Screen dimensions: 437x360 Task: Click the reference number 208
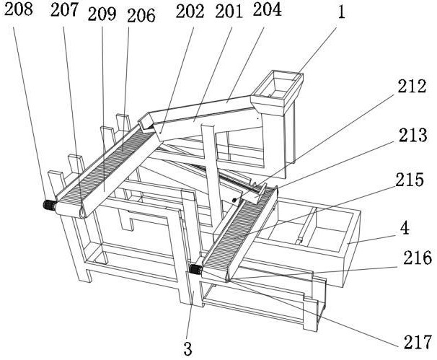(19, 9)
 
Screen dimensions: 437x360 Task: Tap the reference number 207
(64, 10)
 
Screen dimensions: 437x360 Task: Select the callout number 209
(102, 14)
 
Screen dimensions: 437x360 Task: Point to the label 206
(141, 15)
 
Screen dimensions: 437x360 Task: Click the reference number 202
(190, 12)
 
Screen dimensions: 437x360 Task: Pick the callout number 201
(229, 12)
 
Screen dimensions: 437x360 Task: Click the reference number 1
(341, 12)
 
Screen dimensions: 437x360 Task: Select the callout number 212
(412, 86)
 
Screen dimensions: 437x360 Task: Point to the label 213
(412, 135)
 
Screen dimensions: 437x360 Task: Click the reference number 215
(410, 180)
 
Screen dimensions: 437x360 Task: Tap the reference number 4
(405, 228)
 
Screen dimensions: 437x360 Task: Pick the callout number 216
(418, 258)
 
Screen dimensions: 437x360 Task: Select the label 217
(418, 342)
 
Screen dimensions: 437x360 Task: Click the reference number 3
(188, 349)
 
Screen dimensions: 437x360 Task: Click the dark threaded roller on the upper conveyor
(50, 205)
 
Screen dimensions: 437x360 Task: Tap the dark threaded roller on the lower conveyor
(195, 269)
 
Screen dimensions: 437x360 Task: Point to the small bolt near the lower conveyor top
(234, 200)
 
